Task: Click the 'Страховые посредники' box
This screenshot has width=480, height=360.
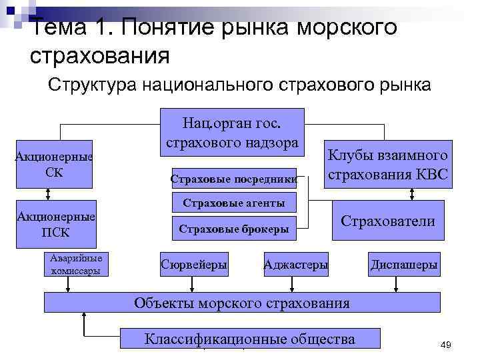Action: (233, 178)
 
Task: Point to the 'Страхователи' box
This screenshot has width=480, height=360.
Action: (387, 221)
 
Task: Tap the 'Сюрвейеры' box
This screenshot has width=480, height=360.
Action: (194, 265)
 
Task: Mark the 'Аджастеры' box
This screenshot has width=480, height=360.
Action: (296, 265)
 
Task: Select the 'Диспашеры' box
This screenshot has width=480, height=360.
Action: (404, 265)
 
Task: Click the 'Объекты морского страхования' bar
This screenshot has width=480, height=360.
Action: (241, 303)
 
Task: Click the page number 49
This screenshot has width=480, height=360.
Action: (446, 344)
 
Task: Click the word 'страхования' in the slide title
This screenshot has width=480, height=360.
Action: (100, 55)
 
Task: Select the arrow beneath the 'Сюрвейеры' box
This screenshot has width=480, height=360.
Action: (193, 284)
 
